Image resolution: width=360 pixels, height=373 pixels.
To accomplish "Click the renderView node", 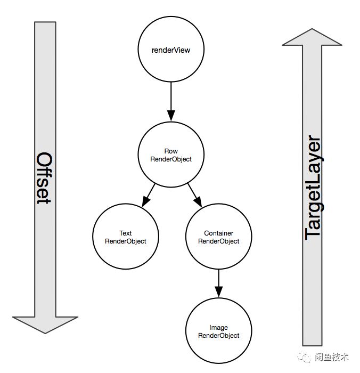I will coord(171,50).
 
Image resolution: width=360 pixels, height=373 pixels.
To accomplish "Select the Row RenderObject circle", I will coord(171,155).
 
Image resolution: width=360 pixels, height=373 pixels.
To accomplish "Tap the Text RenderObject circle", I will coord(126,237).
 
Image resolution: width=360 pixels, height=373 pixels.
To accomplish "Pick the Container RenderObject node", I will coord(218,237).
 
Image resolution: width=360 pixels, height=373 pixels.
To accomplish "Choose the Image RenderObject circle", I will coord(218,331).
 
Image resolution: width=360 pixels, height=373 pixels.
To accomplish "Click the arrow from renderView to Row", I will coord(171,102).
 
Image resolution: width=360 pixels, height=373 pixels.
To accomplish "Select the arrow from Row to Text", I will coord(149,195).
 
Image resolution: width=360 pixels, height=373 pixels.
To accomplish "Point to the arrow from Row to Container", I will coord(194,195).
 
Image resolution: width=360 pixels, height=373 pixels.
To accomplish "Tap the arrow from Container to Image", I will coord(218,284).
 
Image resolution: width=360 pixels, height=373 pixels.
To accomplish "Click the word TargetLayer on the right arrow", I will coord(314,189).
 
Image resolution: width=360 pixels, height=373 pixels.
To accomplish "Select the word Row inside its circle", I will coord(171,151).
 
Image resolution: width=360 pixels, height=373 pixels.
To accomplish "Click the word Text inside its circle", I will coord(126,233).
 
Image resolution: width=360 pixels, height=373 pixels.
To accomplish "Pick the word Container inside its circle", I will coord(219,233).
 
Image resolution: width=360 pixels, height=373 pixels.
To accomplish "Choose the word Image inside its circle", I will coord(219,327).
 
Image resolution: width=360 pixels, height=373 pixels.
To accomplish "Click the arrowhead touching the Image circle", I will coord(218,294).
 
